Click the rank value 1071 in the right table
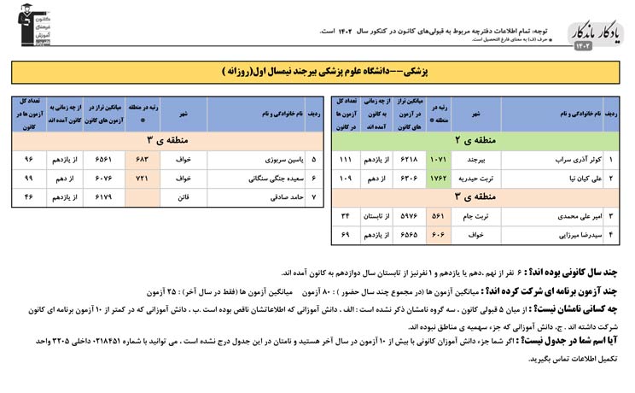[439, 160]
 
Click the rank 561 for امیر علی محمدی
[439, 215]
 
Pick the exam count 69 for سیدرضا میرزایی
[346, 234]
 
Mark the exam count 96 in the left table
[28, 159]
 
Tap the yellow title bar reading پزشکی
[317, 72]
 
